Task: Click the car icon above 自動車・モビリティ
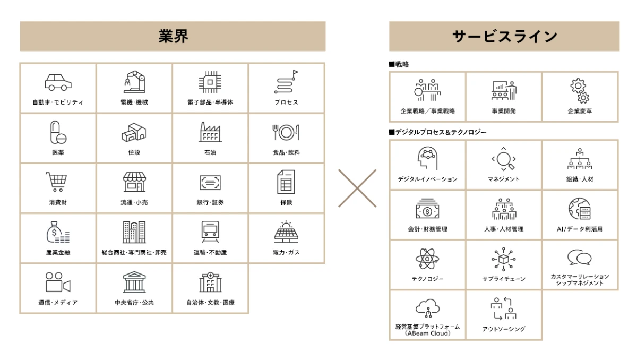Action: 58,82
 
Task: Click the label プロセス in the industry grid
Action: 286,102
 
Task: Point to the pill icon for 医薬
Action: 58,132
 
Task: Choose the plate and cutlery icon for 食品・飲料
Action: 286,132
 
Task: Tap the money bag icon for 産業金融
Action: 58,232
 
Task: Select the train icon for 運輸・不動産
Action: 210,232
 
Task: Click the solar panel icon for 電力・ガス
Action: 286,232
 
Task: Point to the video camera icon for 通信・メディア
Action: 58,282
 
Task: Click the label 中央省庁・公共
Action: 134,303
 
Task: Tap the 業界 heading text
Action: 173,36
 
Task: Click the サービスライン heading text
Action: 504,36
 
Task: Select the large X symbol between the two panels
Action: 357,188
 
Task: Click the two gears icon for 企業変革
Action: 580,90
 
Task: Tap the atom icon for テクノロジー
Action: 427,259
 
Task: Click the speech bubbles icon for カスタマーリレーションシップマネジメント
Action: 579,258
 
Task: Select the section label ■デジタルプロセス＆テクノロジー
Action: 437,132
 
